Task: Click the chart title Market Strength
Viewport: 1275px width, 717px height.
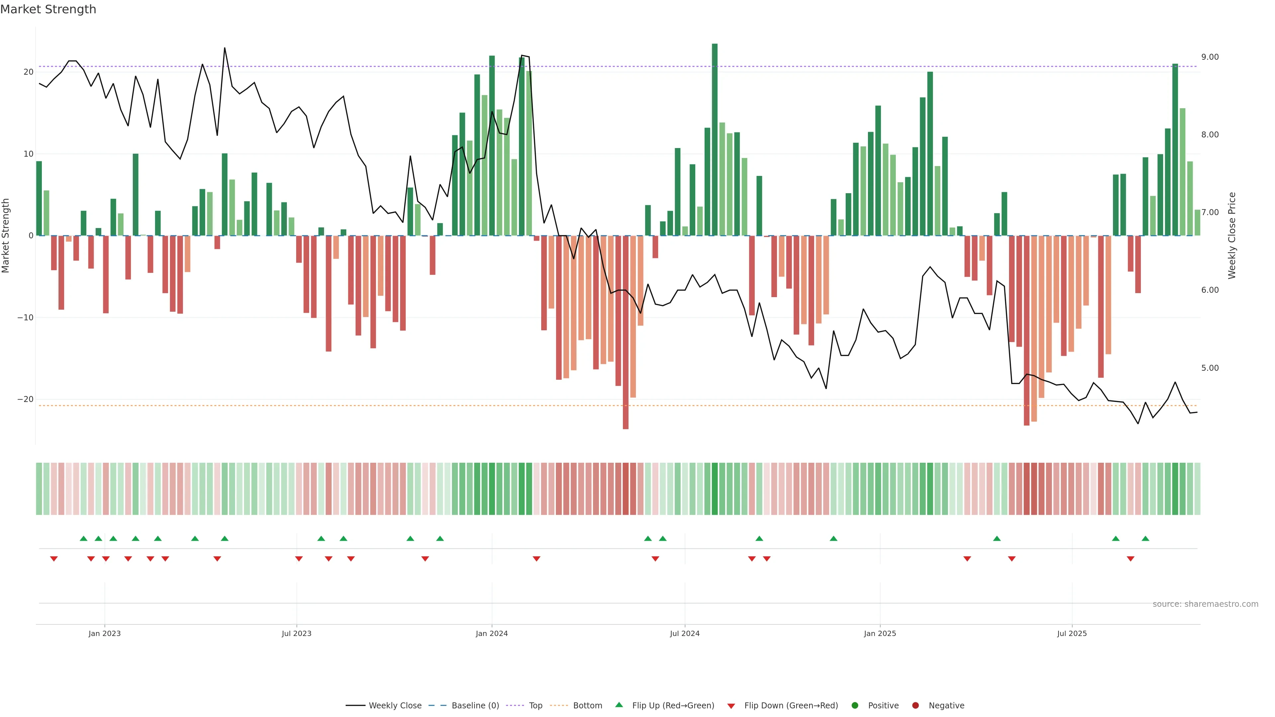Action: point(48,9)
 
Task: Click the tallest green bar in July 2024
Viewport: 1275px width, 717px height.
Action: point(714,138)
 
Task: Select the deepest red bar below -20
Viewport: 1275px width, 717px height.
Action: point(626,332)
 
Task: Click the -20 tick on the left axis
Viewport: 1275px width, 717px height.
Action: point(25,399)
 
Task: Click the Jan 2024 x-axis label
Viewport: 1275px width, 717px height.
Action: point(491,633)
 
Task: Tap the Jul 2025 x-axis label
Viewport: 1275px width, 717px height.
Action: point(1071,633)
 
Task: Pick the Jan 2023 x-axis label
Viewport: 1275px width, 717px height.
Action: point(105,633)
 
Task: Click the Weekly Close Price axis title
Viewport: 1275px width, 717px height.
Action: point(1232,236)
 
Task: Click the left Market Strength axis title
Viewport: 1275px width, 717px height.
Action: point(6,236)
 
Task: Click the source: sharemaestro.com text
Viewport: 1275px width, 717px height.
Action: point(1205,604)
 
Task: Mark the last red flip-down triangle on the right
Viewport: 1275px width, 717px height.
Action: point(1131,559)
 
